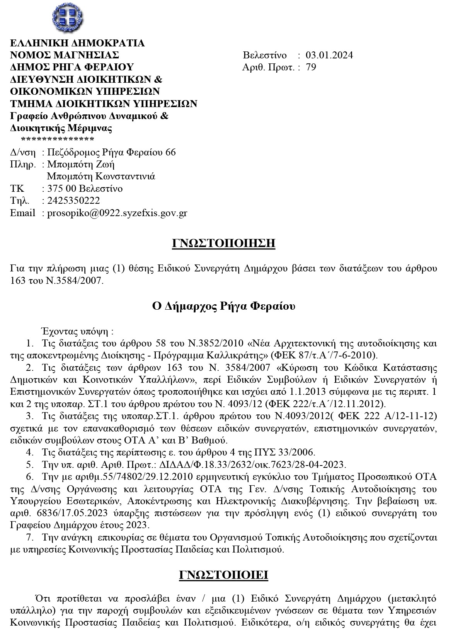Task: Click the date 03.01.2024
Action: [x=329, y=55]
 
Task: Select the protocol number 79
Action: [x=311, y=67]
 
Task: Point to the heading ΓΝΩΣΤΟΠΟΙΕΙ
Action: [x=224, y=575]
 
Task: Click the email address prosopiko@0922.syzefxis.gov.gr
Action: [x=117, y=213]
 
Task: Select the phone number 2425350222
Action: [x=73, y=201]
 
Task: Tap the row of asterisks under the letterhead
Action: [x=58, y=140]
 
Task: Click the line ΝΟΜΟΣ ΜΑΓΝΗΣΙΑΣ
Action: [x=64, y=55]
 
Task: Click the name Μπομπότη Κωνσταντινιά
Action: [x=101, y=176]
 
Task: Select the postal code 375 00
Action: [x=61, y=189]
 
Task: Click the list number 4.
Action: [x=29, y=452]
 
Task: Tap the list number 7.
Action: [x=29, y=537]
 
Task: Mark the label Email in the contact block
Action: [x=22, y=213]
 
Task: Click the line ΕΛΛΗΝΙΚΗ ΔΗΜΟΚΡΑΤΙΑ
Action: [x=77, y=43]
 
